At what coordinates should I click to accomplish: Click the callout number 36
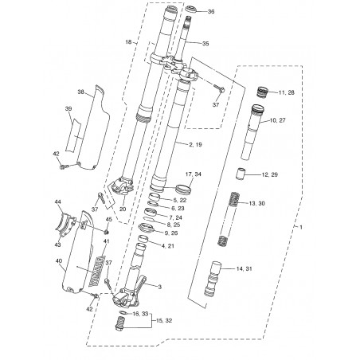[x=211, y=11]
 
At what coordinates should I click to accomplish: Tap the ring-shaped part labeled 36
[x=190, y=9]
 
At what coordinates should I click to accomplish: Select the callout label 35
[x=205, y=44]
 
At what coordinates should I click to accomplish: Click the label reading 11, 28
[x=287, y=92]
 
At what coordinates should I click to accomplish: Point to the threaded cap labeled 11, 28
[x=262, y=92]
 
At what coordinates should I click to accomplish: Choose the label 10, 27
[x=277, y=120]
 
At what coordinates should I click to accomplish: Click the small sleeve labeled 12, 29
[x=241, y=174]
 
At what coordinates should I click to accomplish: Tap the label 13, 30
[x=256, y=203]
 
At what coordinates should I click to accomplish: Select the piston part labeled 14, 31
[x=213, y=279]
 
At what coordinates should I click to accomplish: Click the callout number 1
[x=301, y=227]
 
